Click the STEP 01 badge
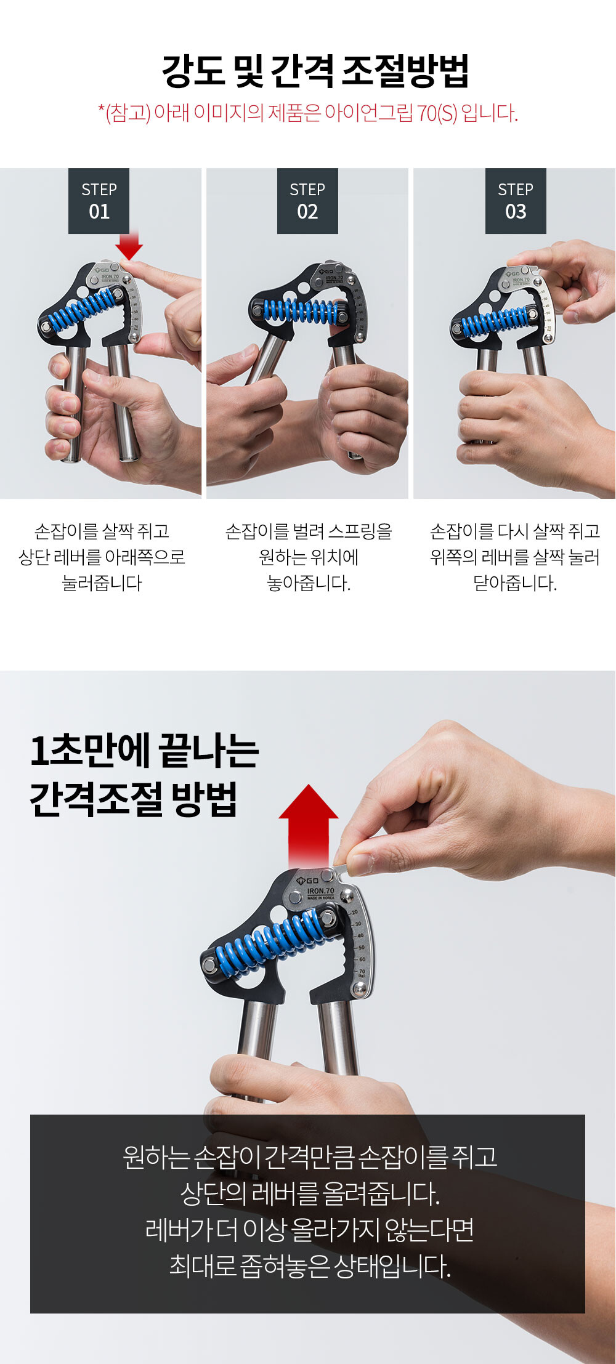tap(99, 201)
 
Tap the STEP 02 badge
tap(307, 201)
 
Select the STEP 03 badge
tap(516, 201)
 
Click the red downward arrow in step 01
tap(129, 245)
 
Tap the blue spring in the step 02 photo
tap(302, 311)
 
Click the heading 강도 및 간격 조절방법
tap(315, 71)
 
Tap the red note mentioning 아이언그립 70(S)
tap(308, 113)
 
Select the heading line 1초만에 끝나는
tap(144, 751)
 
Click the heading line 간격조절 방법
tap(134, 799)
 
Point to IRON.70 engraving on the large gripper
tap(320, 891)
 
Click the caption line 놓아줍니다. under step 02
tap(309, 583)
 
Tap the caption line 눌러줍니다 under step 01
tap(102, 583)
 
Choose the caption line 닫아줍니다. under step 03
tap(515, 583)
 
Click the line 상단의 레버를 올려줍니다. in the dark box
tap(310, 1194)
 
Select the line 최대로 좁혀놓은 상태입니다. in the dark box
tap(310, 1265)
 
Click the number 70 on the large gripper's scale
tap(362, 972)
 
